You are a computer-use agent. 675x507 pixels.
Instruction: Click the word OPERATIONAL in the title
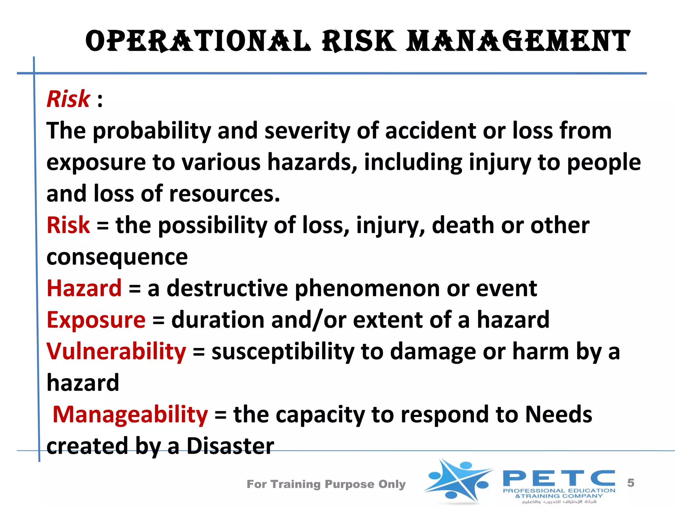pos(198,41)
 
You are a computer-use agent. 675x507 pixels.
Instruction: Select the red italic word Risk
pos(68,99)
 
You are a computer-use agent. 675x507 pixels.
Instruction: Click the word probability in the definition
pos(152,131)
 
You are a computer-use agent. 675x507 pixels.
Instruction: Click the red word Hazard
pos(84,288)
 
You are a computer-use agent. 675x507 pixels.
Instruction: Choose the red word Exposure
pos(96,320)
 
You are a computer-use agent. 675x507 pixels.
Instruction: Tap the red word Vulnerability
pos(116,351)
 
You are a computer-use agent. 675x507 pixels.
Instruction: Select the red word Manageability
pos(130,415)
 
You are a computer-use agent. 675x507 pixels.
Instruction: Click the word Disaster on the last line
pos(230,446)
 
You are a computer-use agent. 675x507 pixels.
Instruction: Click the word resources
pos(224,194)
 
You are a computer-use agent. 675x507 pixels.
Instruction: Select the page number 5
pos(631,483)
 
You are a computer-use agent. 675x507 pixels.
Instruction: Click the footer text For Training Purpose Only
pos(326,484)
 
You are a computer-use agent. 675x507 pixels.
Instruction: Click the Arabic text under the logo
pos(559,502)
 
